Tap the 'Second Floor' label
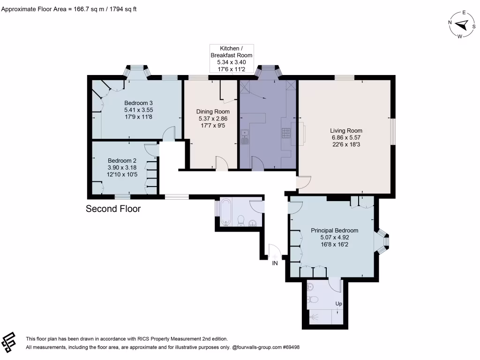[113, 209]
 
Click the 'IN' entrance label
[275, 263]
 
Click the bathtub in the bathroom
[225, 211]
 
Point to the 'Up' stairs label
[338, 304]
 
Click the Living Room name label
[346, 131]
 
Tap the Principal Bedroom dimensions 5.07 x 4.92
[335, 237]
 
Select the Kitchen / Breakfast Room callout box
[232, 59]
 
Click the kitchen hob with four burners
[286, 133]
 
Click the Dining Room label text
[212, 112]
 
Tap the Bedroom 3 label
[138, 103]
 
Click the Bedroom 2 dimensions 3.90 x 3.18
[122, 167]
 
